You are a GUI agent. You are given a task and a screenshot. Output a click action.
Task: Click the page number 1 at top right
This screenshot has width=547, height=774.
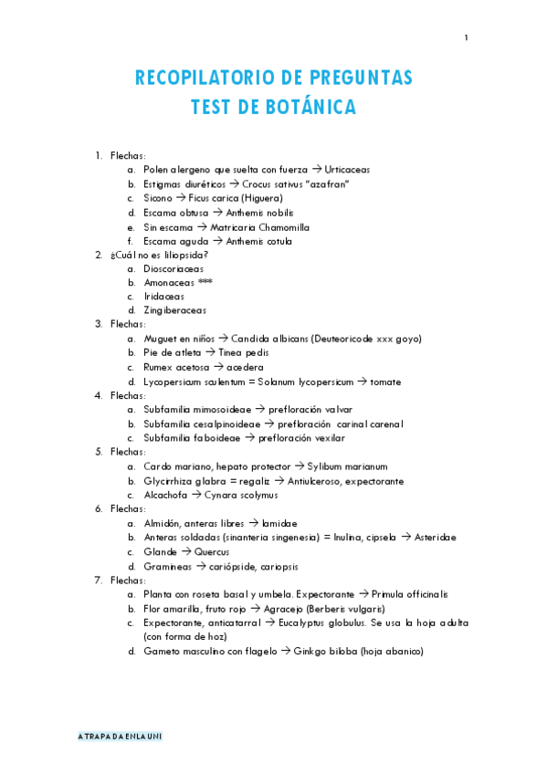466,37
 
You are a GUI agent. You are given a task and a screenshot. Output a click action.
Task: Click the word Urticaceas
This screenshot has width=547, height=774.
347,170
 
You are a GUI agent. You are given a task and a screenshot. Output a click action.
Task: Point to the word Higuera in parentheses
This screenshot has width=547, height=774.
262,198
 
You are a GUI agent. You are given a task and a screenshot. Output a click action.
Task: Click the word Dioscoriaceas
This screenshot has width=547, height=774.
174,268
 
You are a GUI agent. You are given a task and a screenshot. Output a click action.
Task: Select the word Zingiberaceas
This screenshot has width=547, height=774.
174,310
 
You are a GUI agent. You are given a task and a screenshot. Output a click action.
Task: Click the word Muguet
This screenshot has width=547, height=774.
160,339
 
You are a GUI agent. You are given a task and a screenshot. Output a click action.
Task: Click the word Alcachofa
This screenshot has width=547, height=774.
165,495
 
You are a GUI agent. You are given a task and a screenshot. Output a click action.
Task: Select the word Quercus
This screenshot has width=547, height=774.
212,551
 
